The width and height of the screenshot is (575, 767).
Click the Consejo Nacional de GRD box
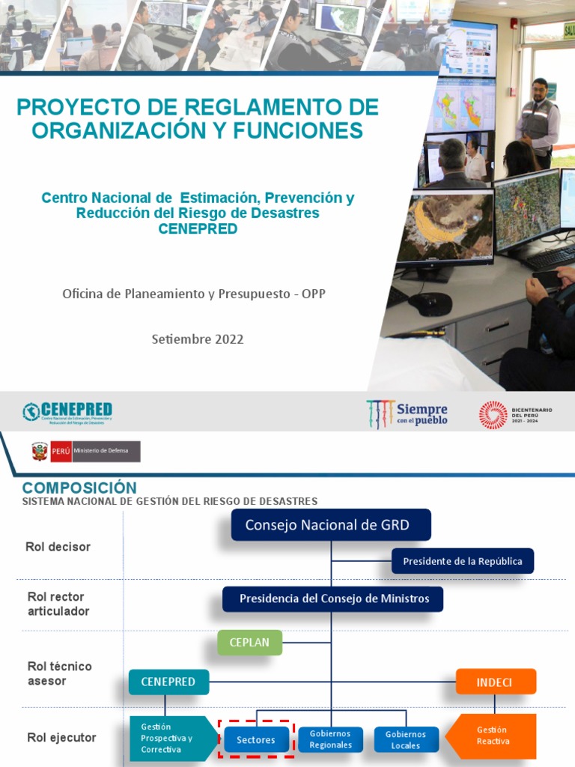click(331, 525)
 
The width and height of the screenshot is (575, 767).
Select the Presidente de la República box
click(463, 561)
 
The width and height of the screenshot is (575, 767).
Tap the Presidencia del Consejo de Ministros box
click(333, 598)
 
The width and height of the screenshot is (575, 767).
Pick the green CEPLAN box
click(249, 643)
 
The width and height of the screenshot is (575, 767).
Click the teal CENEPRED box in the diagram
click(168, 682)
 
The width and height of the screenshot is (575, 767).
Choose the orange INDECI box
click(496, 682)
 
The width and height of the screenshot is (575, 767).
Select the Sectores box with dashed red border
click(256, 740)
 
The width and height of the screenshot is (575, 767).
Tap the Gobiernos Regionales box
click(330, 740)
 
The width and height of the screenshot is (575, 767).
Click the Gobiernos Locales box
click(405, 740)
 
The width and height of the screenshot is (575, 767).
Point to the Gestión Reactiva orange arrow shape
click(492, 736)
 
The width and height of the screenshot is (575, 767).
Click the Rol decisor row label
click(58, 547)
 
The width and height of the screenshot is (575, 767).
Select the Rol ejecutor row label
click(61, 738)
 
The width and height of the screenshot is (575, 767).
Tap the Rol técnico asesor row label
click(59, 673)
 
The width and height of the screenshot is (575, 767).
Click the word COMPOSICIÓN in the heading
click(79, 488)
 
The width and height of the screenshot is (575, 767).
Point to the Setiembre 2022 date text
click(198, 339)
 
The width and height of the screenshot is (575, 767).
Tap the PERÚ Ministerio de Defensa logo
click(85, 452)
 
